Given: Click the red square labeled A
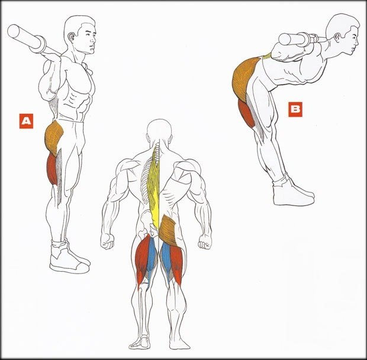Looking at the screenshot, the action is [x=26, y=121].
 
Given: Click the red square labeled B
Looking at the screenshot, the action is [x=295, y=109].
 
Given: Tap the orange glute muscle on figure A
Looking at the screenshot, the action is [x=54, y=137].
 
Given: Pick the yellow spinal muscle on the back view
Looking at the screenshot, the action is [x=154, y=187].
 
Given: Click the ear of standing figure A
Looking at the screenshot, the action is [x=72, y=37].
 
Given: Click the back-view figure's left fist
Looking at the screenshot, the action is [x=107, y=241].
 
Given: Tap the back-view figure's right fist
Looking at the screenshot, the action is [x=205, y=242].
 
